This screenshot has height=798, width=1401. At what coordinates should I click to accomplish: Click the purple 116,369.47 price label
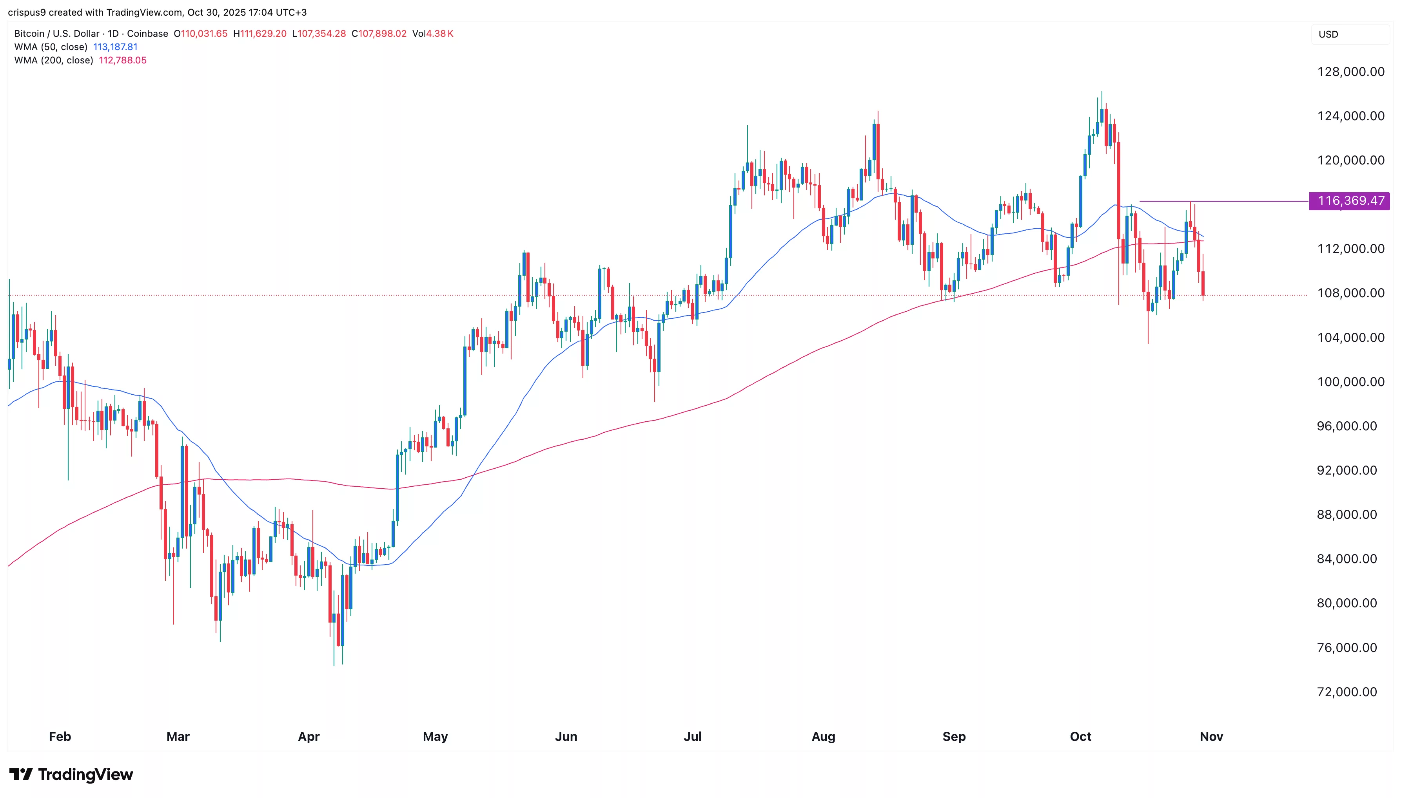tap(1349, 200)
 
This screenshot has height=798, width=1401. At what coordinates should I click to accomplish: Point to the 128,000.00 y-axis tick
tap(1350, 72)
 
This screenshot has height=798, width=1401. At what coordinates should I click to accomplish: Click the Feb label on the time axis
tap(60, 736)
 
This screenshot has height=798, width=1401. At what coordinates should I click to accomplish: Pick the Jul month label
tap(692, 736)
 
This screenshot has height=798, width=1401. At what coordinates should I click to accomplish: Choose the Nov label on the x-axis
tap(1211, 736)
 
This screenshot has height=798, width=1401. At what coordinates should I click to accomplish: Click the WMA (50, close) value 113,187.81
tap(115, 47)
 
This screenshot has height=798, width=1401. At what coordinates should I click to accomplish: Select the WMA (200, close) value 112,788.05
tap(122, 60)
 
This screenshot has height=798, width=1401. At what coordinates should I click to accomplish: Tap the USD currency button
tap(1328, 34)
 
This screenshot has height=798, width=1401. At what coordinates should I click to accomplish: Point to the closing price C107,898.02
tap(379, 33)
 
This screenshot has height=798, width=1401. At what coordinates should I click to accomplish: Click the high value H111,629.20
tap(260, 33)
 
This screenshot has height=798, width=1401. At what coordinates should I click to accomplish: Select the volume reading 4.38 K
tap(439, 33)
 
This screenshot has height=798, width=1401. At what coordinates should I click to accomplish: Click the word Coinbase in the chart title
tap(147, 33)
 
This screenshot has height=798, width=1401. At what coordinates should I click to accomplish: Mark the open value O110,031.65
tap(201, 33)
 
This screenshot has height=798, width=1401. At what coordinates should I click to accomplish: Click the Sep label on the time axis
tap(954, 736)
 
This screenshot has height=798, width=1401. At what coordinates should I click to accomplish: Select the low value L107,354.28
tap(319, 33)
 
